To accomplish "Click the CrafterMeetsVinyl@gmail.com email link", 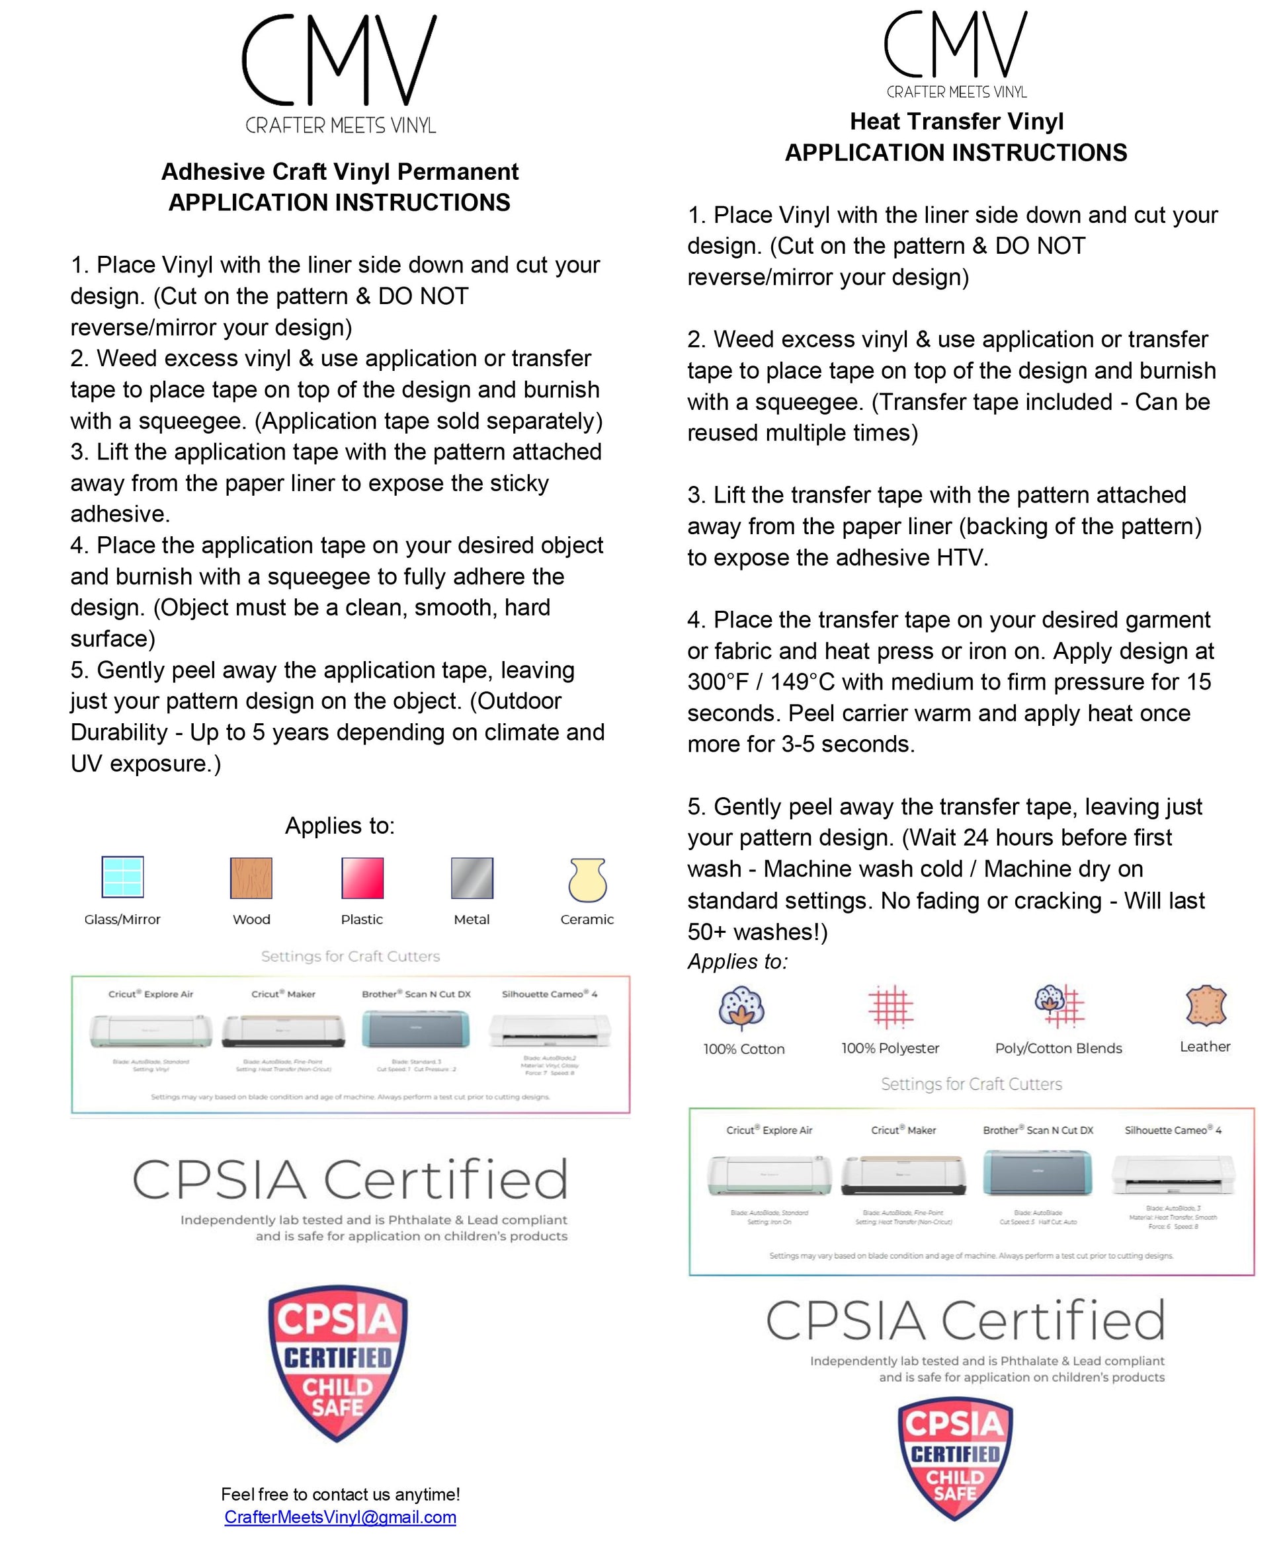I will tap(340, 1517).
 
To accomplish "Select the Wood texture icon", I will tap(251, 878).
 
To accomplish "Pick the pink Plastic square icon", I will tap(362, 878).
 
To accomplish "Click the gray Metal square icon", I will tap(472, 878).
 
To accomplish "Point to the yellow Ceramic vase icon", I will tap(587, 879).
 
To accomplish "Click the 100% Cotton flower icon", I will tap(742, 1007).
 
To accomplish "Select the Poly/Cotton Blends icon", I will tap(1059, 1006).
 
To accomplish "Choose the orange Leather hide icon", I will tap(1206, 1006).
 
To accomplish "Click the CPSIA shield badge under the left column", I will tap(338, 1363).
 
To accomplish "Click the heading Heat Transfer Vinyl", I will tap(956, 121).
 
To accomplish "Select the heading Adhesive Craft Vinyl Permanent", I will tap(340, 172).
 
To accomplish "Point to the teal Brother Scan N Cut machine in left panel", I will tap(415, 1029).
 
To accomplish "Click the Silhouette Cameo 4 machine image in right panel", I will tap(1173, 1175).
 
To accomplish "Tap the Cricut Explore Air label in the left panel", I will tap(151, 994).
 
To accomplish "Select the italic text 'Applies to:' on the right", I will tap(737, 961).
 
